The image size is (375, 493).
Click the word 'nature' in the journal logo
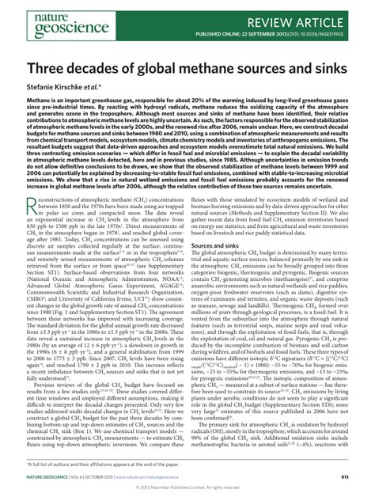point(32,13)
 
